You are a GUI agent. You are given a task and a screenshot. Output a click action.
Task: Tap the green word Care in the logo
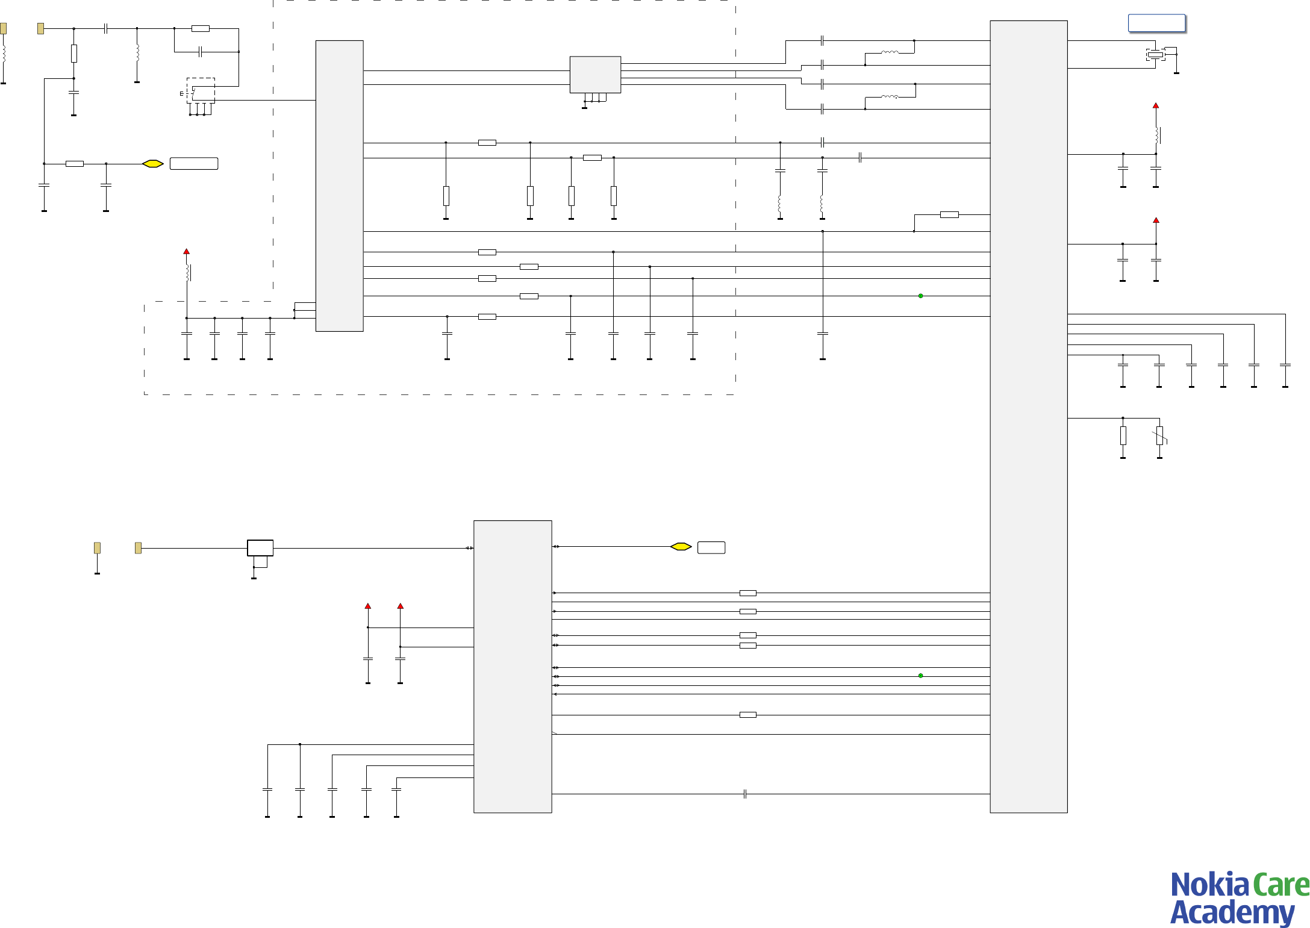click(x=1280, y=885)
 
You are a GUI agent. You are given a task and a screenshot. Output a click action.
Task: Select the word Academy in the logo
click(x=1232, y=912)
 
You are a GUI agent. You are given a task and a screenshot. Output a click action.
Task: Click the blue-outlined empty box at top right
click(x=1156, y=23)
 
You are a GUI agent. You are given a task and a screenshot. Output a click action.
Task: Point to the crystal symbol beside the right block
click(x=1155, y=55)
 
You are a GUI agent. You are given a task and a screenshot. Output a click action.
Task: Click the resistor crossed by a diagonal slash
click(x=1159, y=436)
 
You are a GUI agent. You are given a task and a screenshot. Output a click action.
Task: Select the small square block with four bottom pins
click(x=595, y=75)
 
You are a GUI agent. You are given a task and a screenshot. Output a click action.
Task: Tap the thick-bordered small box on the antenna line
click(x=260, y=548)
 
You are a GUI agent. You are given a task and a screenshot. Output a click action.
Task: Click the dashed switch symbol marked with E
click(x=201, y=91)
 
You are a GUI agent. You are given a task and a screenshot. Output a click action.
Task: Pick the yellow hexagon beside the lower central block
click(x=681, y=547)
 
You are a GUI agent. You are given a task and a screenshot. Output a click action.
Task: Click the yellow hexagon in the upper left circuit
click(x=153, y=164)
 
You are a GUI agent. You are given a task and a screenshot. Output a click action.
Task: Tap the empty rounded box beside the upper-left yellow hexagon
click(x=194, y=164)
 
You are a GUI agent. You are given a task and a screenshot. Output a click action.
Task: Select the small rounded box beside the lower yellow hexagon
click(x=711, y=547)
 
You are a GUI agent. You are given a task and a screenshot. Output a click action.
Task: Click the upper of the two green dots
click(x=920, y=296)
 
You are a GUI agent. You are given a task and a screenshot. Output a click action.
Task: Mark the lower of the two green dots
click(x=920, y=676)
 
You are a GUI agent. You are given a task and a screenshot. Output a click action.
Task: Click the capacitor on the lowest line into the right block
click(x=745, y=794)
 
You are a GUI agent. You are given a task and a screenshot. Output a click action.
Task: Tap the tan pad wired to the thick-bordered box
click(x=138, y=548)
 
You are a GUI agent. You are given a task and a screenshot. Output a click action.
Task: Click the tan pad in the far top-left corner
click(x=4, y=28)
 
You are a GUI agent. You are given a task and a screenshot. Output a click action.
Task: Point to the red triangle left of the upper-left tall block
click(x=187, y=251)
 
